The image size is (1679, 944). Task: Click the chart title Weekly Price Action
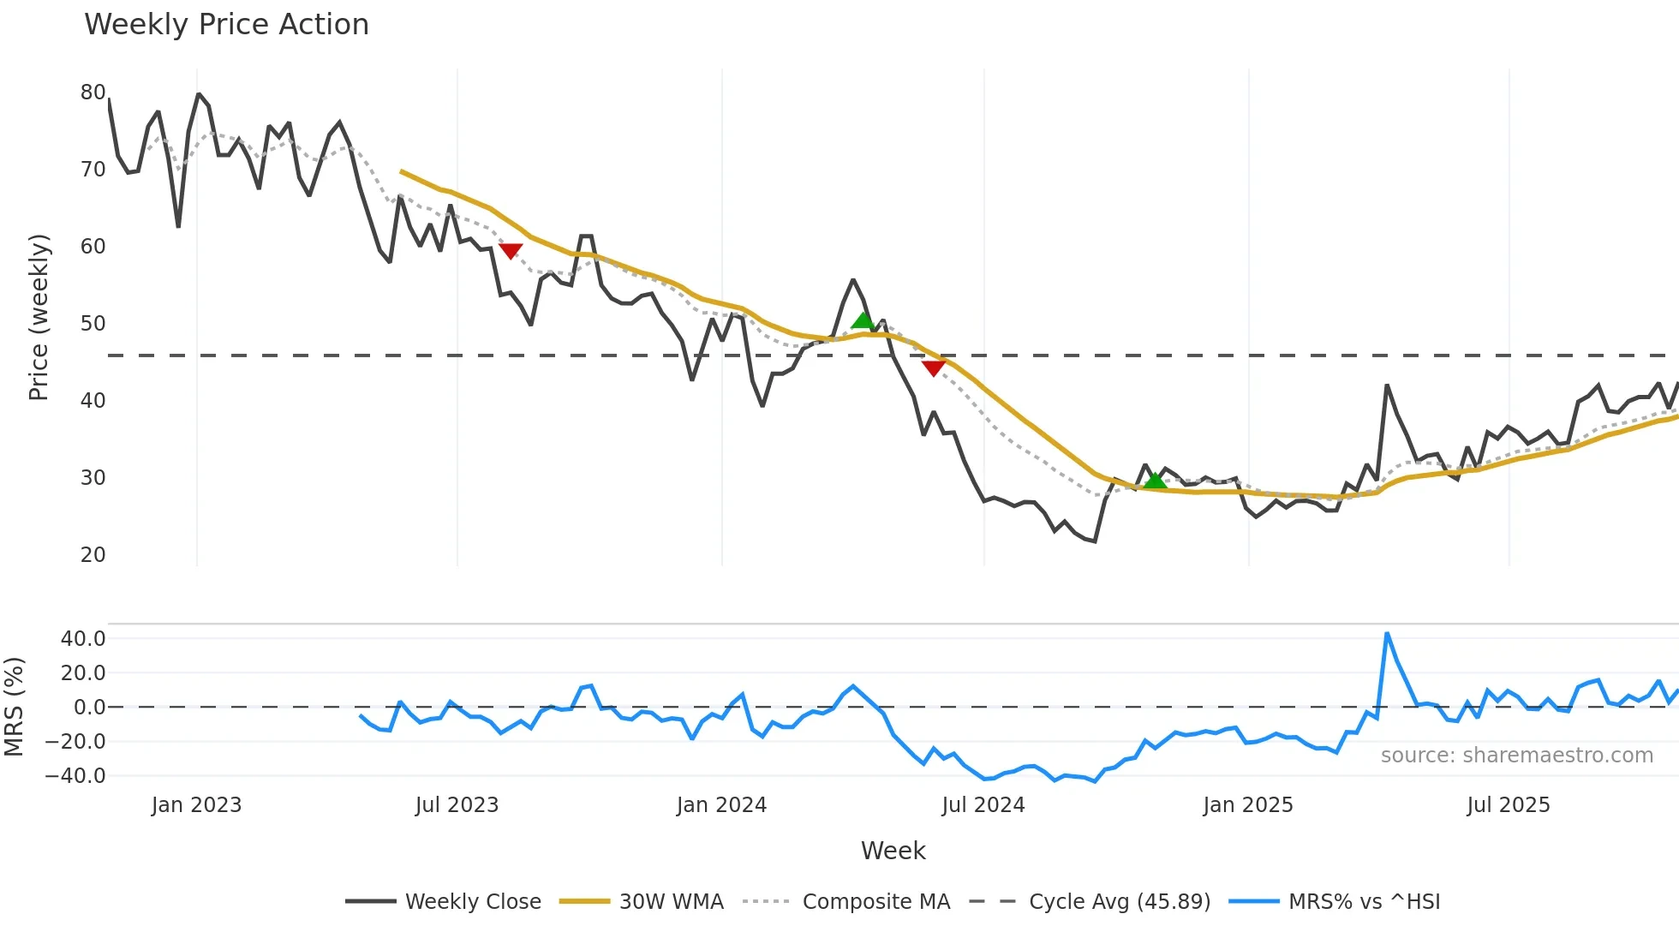[226, 25]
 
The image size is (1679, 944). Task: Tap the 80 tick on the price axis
[93, 93]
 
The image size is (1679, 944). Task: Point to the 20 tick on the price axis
[93, 555]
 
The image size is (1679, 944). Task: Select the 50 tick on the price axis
[93, 324]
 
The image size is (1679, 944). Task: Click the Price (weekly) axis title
[39, 317]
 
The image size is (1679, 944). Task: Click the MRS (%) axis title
[14, 707]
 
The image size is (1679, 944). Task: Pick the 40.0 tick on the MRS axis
[83, 639]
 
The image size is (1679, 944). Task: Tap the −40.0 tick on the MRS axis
[75, 776]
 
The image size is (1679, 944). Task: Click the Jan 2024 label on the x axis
[721, 805]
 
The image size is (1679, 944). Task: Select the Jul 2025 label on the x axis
[1509, 805]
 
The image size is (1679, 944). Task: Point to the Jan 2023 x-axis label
[196, 805]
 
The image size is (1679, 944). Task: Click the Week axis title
[893, 851]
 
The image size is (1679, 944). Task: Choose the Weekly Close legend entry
[473, 902]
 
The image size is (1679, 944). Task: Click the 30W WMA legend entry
[671, 902]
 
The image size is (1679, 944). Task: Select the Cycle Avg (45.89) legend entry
[1119, 902]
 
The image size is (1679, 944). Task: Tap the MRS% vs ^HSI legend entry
[1364, 902]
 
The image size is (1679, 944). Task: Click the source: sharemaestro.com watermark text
[1516, 756]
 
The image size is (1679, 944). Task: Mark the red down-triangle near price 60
[511, 251]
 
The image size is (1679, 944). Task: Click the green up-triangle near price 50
[863, 320]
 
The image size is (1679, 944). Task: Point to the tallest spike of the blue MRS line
[1387, 634]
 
